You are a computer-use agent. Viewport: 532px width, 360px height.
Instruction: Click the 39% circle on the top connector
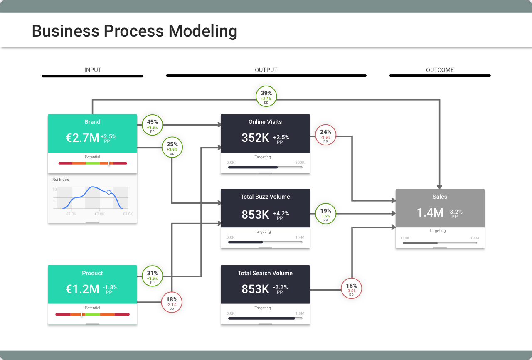click(x=266, y=96)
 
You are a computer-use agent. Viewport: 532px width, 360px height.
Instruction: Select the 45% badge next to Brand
click(x=153, y=125)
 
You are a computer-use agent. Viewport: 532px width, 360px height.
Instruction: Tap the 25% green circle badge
click(x=172, y=147)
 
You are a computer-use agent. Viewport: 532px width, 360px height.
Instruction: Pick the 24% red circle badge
click(x=325, y=135)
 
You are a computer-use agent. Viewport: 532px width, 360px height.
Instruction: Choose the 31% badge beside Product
click(x=153, y=276)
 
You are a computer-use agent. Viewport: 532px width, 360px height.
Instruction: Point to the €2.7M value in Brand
click(x=82, y=138)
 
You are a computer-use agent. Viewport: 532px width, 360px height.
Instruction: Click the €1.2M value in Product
click(x=82, y=288)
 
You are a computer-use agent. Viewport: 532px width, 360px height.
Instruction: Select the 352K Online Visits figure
click(x=255, y=138)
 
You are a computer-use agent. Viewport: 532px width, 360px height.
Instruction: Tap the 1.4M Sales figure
click(x=430, y=212)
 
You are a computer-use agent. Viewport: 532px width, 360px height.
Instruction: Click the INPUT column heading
click(x=93, y=70)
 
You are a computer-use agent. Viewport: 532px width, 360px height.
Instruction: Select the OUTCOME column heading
click(x=440, y=70)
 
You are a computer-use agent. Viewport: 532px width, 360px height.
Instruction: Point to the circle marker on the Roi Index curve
click(x=109, y=192)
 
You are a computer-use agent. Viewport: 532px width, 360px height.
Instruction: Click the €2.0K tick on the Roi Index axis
click(x=99, y=214)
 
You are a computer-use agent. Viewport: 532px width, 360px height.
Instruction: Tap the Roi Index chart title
click(x=61, y=180)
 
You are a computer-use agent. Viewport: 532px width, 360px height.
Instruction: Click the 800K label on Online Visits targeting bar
click(x=300, y=163)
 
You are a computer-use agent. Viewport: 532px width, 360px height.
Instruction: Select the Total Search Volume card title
click(x=265, y=273)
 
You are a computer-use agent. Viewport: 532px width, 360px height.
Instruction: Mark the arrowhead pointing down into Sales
click(x=439, y=187)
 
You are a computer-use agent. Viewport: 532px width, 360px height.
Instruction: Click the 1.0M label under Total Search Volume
click(x=300, y=313)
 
